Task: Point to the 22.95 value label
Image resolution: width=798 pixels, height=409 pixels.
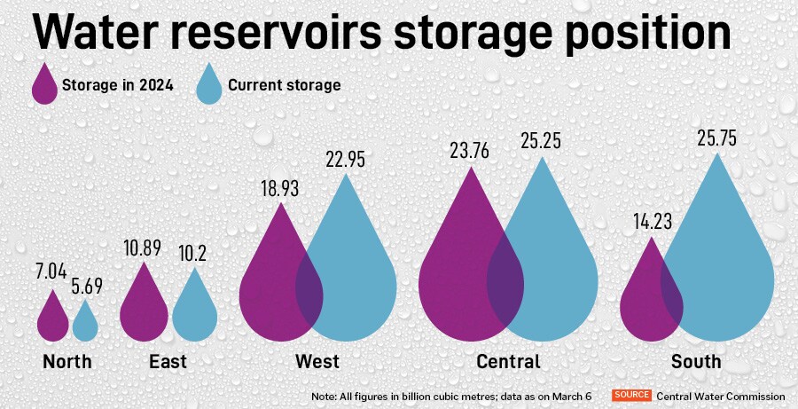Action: tap(344, 160)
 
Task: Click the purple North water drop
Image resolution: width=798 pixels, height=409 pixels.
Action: tap(53, 320)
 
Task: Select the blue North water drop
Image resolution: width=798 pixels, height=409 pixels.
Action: tap(85, 324)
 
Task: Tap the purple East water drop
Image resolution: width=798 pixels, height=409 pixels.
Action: tap(144, 311)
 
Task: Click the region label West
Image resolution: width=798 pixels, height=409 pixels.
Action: tap(317, 362)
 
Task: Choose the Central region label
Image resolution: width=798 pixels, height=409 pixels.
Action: tap(508, 362)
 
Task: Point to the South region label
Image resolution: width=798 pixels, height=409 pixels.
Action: tap(696, 362)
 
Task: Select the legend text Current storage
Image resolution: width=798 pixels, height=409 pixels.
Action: tap(284, 85)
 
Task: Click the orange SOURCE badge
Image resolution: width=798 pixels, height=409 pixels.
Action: tap(631, 395)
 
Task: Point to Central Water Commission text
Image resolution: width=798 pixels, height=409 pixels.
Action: tap(721, 396)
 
